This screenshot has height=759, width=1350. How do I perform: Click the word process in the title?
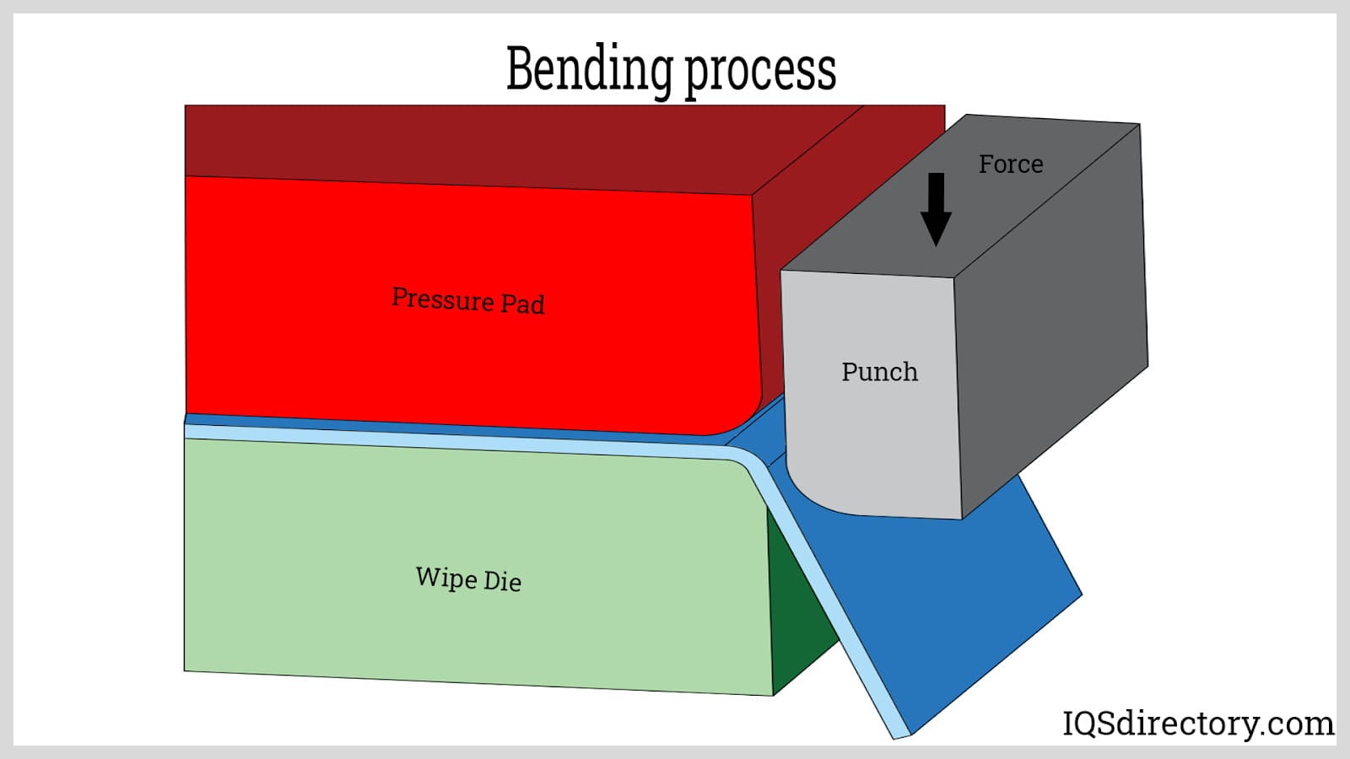[760, 71]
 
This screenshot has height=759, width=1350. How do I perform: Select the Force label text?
[1010, 164]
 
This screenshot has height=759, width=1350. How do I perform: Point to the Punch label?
[879, 372]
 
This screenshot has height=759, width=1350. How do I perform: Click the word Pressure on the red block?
[442, 299]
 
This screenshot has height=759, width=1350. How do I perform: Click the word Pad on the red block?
[523, 304]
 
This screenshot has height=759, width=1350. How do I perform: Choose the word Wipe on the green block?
[445, 578]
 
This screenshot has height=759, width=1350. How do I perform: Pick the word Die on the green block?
[502, 581]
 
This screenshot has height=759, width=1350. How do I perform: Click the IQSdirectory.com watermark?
[1197, 724]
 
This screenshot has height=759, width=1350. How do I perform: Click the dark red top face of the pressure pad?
[506, 143]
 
